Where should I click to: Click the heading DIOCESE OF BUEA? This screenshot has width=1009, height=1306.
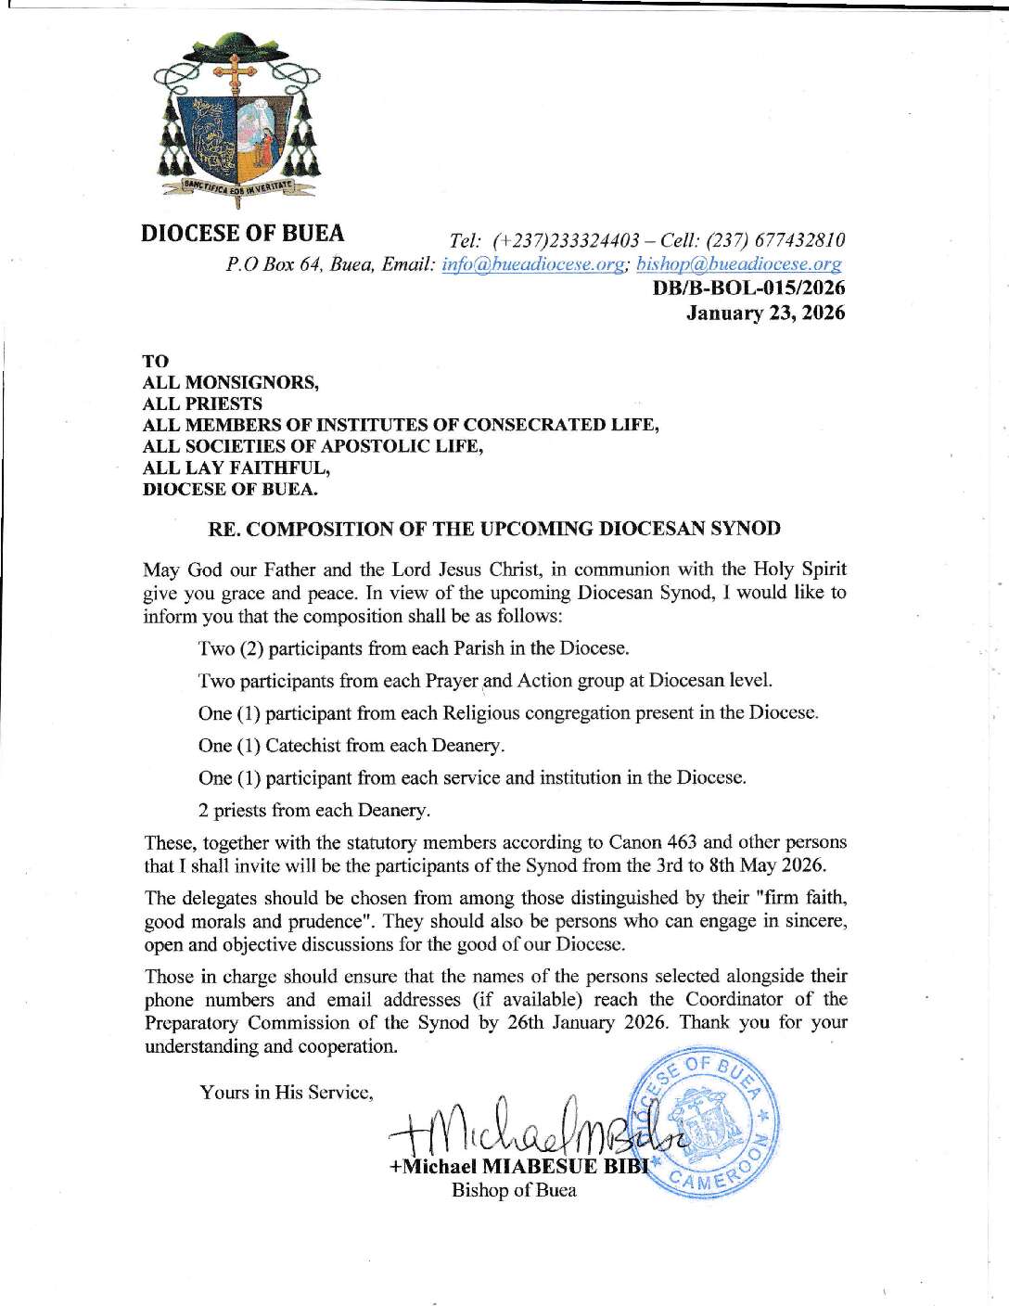242,233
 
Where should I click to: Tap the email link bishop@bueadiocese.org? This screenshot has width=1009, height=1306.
739,265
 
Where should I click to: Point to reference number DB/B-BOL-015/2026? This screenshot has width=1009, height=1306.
749,288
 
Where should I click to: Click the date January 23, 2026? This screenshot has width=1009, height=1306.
765,314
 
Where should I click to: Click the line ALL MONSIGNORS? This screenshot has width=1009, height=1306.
230,382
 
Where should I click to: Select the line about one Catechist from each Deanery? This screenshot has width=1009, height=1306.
351,746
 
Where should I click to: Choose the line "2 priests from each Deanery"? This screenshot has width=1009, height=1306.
314,811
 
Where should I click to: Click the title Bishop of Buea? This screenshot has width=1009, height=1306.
514,1191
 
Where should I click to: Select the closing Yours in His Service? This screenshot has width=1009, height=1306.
286,1093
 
